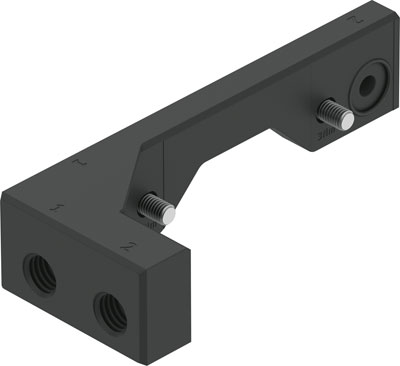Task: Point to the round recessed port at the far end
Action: (373, 87)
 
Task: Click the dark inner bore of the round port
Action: (374, 87)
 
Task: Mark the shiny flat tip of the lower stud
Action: (170, 212)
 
